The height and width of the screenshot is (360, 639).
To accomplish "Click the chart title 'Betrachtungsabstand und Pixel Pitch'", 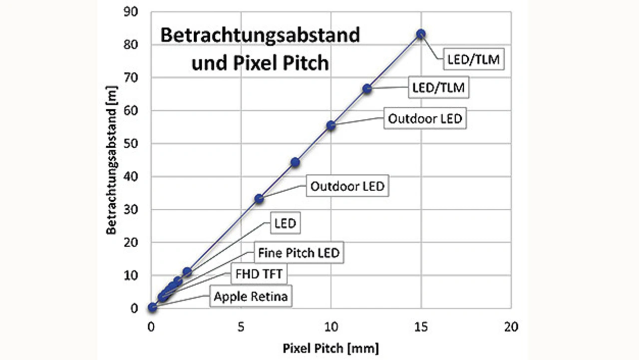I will coord(260,49).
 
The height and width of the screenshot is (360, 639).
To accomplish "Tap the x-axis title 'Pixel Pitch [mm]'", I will coord(331,347).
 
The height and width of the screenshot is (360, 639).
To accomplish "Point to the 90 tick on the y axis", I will coord(131,12).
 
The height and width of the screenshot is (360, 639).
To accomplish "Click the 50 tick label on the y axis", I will coord(131,144).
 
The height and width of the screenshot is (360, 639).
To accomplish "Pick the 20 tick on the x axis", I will coord(510,327).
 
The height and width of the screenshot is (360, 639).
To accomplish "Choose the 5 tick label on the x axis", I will coord(241,327).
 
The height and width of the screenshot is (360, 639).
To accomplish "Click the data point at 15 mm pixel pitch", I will coord(421,34).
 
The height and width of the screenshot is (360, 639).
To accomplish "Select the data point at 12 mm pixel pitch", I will coord(367,88).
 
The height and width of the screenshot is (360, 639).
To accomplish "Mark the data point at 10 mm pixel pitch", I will coord(330,125).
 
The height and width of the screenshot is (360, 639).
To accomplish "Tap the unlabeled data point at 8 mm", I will coord(295,162).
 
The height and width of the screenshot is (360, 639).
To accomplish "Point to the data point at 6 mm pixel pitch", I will coord(259,199).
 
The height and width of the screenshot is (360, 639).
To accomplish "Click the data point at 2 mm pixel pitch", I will coord(187,272).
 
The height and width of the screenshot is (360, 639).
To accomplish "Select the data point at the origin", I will coord(152,307).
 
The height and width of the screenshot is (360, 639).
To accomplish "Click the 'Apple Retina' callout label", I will coord(251,297).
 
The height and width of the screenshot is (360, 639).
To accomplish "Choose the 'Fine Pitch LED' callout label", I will coord(299,253).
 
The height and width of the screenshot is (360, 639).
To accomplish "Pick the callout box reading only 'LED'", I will coord(285,224).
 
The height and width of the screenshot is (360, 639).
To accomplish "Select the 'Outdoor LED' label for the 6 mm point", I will coord(347,186).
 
